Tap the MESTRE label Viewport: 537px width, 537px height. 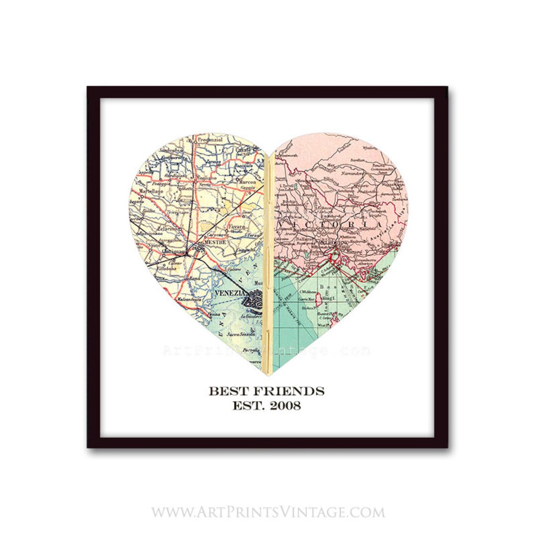215,242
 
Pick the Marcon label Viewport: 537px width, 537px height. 247,182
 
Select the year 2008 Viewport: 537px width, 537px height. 285,406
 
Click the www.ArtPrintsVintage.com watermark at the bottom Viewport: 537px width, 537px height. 268,512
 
